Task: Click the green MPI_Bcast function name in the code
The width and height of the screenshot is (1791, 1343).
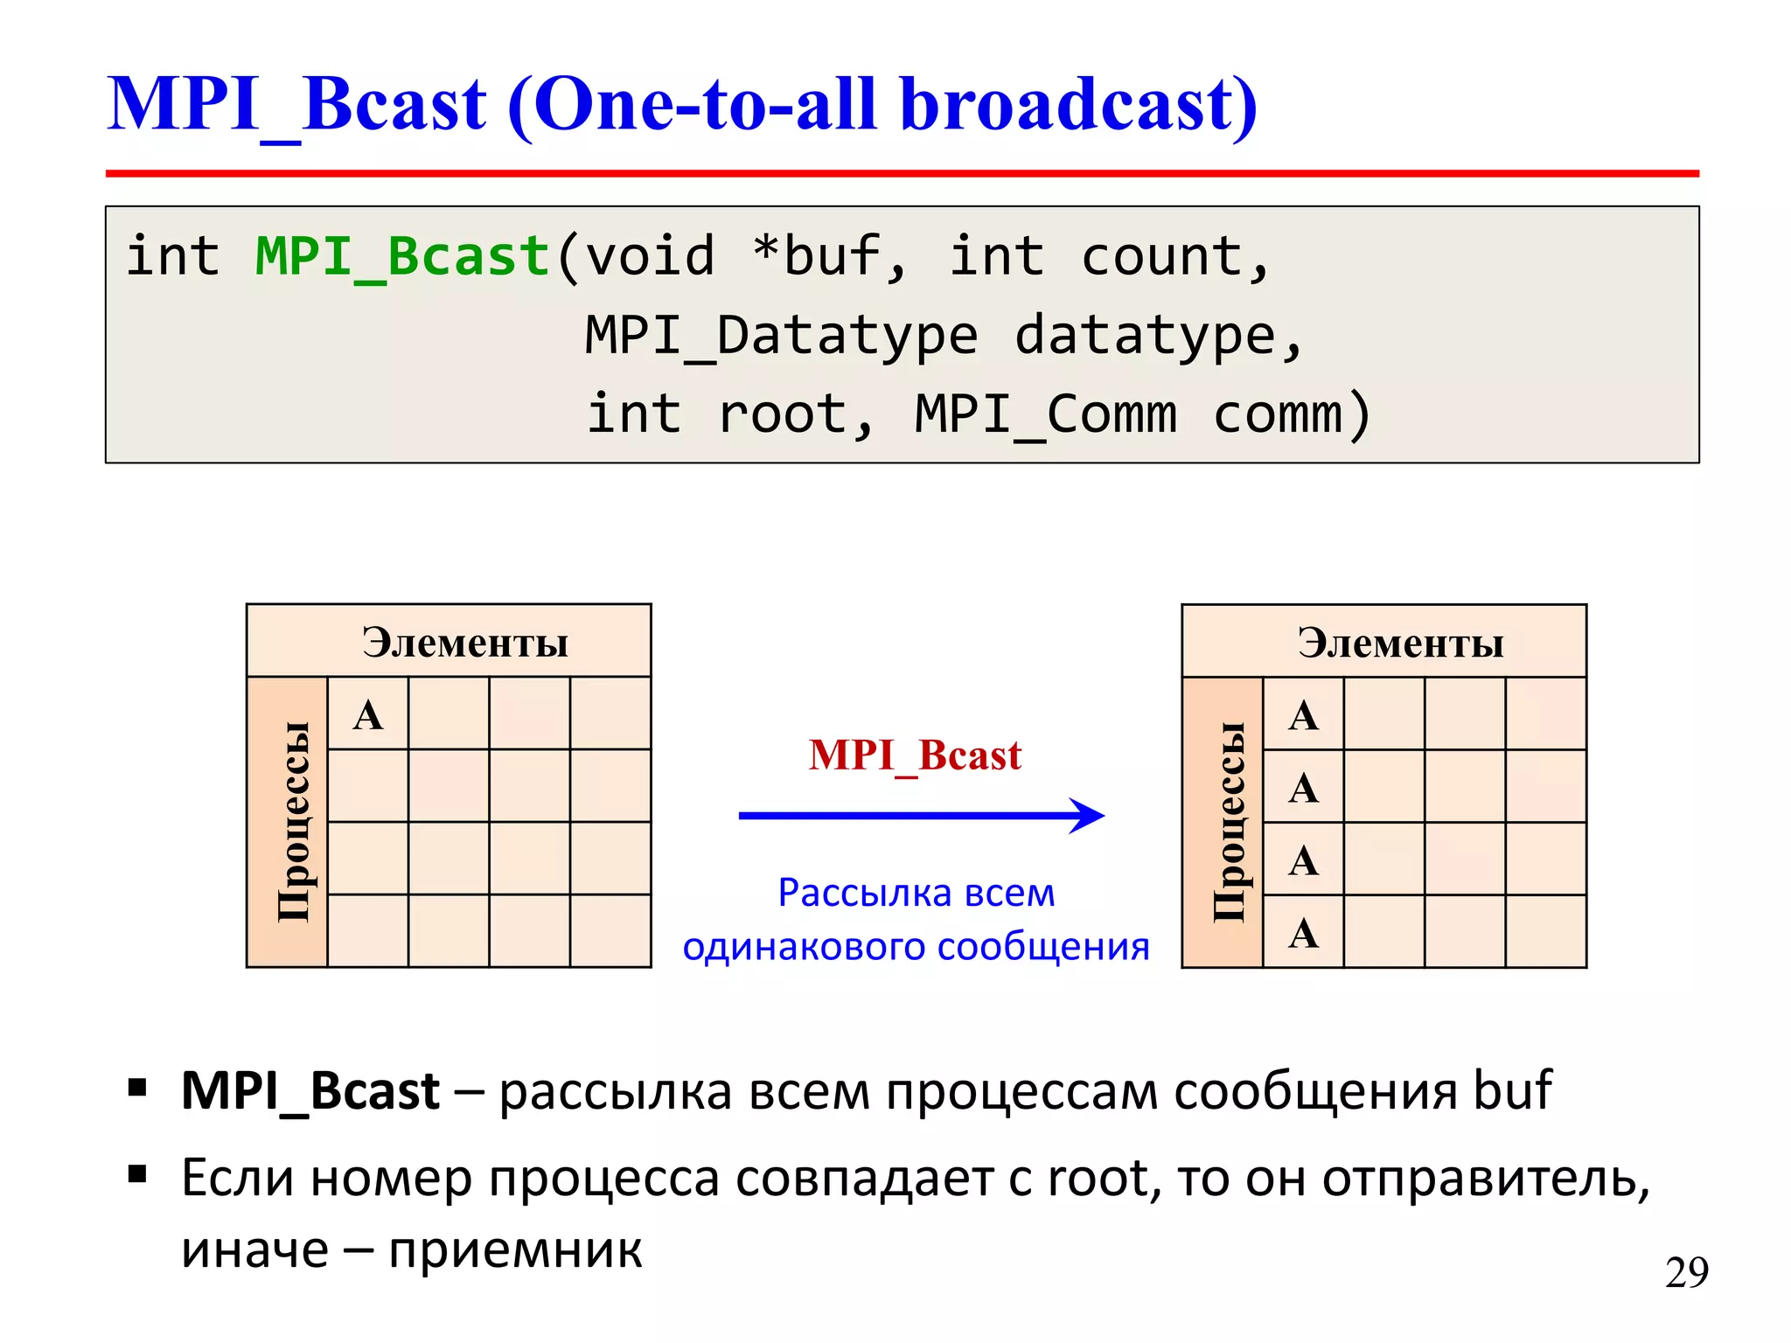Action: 402,257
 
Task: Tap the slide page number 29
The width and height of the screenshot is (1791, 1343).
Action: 1686,1272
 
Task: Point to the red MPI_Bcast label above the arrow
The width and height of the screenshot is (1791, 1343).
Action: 915,755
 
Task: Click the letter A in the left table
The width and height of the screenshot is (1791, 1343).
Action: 368,715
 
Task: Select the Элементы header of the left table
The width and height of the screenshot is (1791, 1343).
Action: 465,643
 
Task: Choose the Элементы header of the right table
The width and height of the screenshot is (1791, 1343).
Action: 1400,643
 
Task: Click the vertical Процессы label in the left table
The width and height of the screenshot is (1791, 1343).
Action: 292,822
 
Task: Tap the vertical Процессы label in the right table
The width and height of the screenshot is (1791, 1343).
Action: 1228,822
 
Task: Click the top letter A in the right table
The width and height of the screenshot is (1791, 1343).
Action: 1303,715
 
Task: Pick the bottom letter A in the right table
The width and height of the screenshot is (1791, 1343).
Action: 1303,933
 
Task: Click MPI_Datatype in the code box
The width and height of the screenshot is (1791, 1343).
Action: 781,336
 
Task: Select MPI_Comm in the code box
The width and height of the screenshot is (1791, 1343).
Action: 1046,414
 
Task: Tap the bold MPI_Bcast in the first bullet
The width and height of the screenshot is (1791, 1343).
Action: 310,1092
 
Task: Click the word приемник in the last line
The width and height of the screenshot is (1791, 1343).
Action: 515,1250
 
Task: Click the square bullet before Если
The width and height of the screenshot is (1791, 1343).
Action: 137,1173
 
